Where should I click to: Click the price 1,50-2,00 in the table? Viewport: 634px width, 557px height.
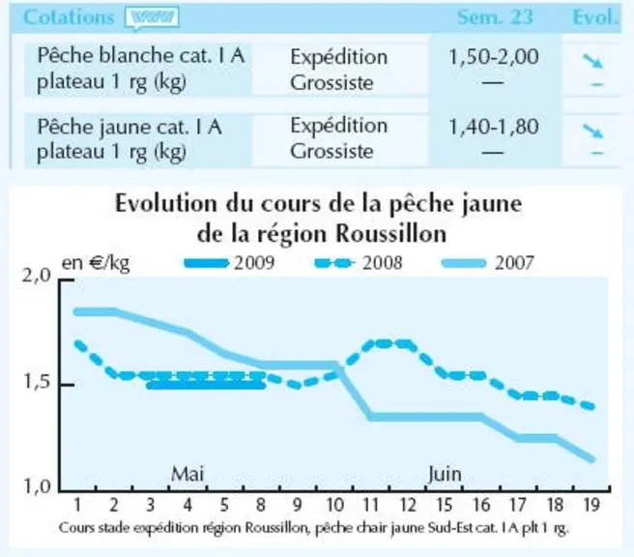(x=494, y=57)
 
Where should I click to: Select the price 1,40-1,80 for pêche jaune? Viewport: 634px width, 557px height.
(x=494, y=127)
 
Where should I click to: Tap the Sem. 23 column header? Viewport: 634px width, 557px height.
(x=495, y=17)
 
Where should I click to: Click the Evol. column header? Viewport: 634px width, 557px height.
(x=595, y=17)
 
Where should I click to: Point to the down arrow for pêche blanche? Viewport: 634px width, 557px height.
(x=592, y=61)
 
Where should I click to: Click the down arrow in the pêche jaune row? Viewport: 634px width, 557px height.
(x=592, y=131)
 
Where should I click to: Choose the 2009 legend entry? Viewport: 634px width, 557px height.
(x=229, y=263)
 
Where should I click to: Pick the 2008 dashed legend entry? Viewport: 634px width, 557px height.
(x=359, y=263)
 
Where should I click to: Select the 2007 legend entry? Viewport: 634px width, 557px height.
(x=488, y=263)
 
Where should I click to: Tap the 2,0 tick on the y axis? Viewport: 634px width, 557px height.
(x=38, y=276)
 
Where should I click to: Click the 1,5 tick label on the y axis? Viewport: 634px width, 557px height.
(x=38, y=381)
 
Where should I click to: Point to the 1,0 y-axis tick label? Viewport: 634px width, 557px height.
(x=38, y=485)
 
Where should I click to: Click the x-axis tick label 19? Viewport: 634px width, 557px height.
(x=591, y=505)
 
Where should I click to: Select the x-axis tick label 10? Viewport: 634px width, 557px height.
(x=334, y=505)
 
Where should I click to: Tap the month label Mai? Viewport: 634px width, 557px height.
(x=187, y=474)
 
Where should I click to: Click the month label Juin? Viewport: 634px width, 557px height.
(x=445, y=474)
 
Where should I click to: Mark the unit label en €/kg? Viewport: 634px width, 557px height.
(x=96, y=263)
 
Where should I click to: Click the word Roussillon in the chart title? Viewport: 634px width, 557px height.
(x=391, y=233)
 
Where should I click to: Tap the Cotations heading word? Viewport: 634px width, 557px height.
(x=69, y=17)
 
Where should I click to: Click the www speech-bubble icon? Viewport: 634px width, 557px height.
(x=152, y=18)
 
